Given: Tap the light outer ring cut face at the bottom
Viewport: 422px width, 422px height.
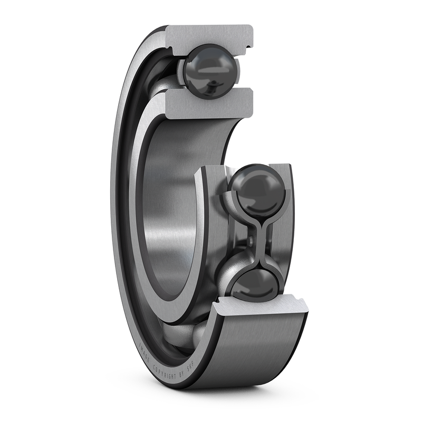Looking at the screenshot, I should pyautogui.click(x=258, y=309).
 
